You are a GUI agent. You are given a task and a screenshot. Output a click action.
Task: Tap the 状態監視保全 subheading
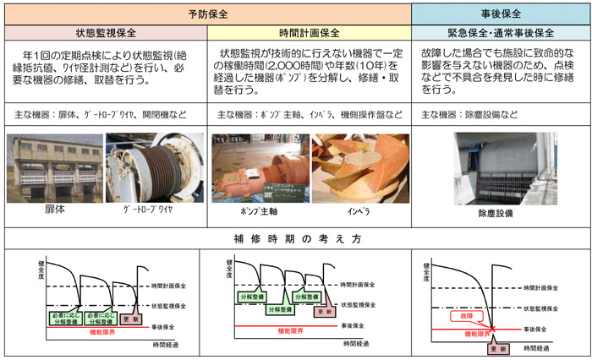pyautogui.click(x=106, y=33)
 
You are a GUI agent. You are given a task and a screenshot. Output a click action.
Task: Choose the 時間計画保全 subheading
pyautogui.click(x=309, y=33)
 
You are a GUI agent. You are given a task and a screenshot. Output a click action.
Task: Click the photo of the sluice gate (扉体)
pyautogui.click(x=55, y=167)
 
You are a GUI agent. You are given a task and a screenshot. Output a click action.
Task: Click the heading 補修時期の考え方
pyautogui.click(x=296, y=238)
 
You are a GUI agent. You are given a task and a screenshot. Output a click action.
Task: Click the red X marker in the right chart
pyautogui.click(x=491, y=326)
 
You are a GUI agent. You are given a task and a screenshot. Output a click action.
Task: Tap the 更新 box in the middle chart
pyautogui.click(x=324, y=311)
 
